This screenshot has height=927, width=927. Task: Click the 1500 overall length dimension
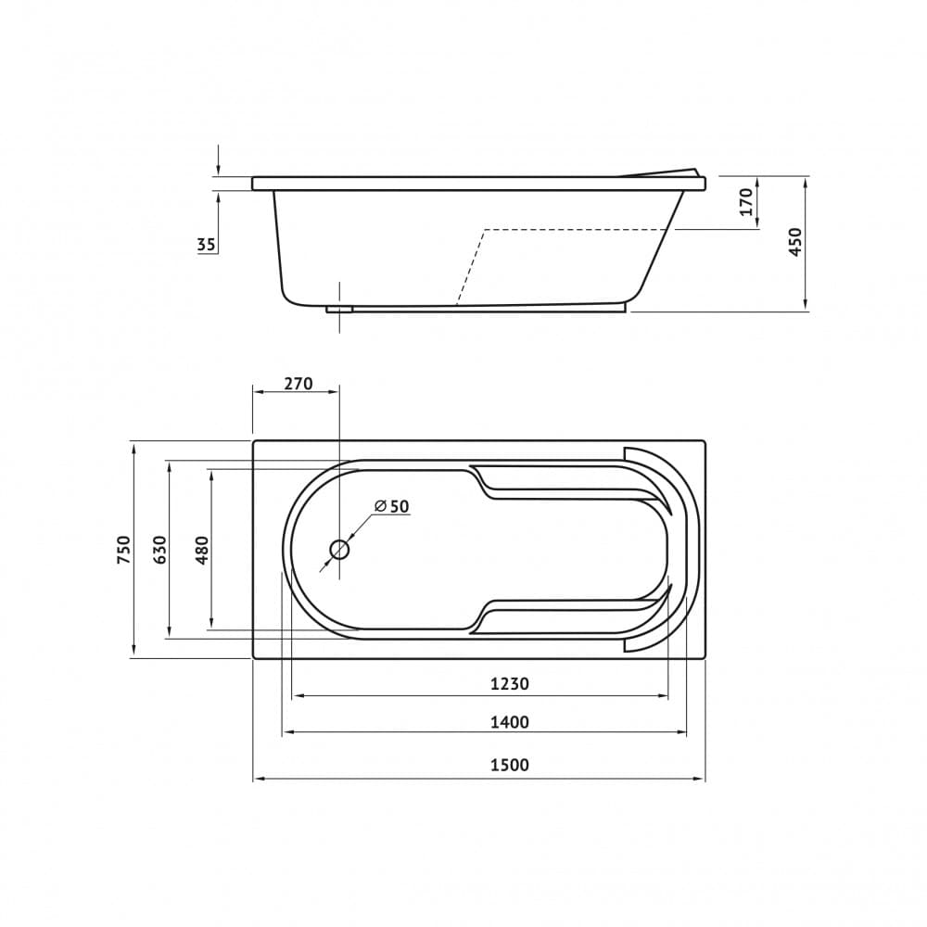(x=510, y=765)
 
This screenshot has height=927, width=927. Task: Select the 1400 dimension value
(x=510, y=722)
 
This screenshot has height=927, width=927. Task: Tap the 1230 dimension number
(x=510, y=683)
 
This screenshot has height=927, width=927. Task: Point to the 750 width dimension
(x=123, y=549)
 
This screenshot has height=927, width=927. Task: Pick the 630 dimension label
(x=160, y=549)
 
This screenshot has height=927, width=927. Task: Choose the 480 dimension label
(x=201, y=549)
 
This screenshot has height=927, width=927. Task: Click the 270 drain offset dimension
(x=298, y=384)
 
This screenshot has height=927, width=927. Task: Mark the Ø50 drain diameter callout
(x=392, y=506)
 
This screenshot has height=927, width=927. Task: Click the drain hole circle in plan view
(x=339, y=550)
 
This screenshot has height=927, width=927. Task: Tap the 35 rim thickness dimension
(x=207, y=244)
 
